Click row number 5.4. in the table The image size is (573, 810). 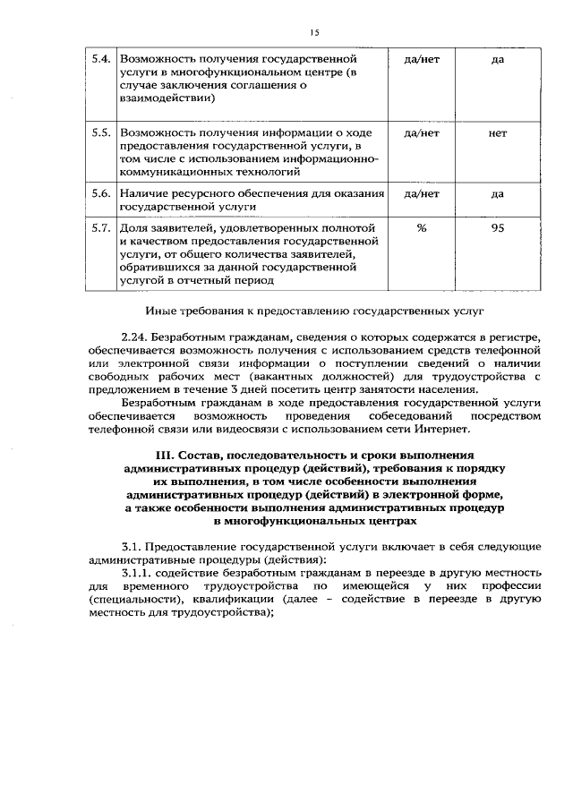click(x=101, y=59)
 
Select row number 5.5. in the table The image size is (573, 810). click(x=101, y=133)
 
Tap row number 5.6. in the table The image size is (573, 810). click(x=101, y=193)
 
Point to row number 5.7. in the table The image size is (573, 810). click(x=101, y=228)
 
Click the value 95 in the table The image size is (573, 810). click(x=498, y=228)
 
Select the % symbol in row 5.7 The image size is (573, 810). click(x=421, y=228)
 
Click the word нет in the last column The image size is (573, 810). click(x=498, y=133)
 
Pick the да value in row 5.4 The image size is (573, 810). click(x=498, y=59)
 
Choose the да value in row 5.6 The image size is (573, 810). click(x=498, y=193)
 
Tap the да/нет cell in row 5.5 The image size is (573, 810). click(x=421, y=133)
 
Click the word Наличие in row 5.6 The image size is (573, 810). click(x=143, y=193)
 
